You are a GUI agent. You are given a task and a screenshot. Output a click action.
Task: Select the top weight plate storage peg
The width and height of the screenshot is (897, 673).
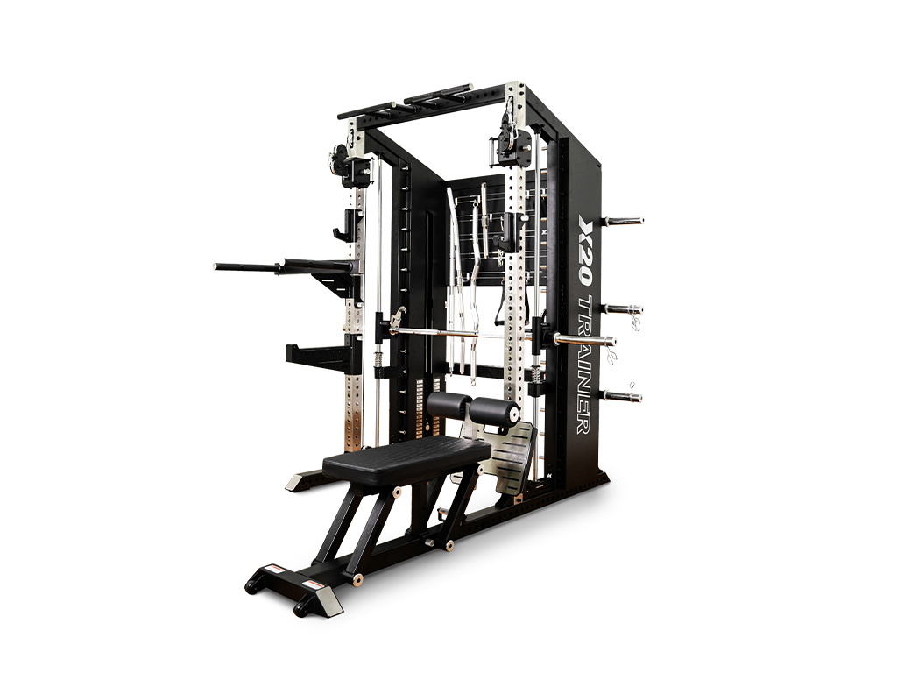(x=624, y=220)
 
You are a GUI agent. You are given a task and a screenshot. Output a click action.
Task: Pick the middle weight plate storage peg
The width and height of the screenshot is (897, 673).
(x=624, y=309)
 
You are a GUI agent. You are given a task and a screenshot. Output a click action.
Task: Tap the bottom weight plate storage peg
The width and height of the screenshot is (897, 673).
(x=623, y=395)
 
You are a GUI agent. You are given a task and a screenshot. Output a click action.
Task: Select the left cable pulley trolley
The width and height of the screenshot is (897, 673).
(x=349, y=163)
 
